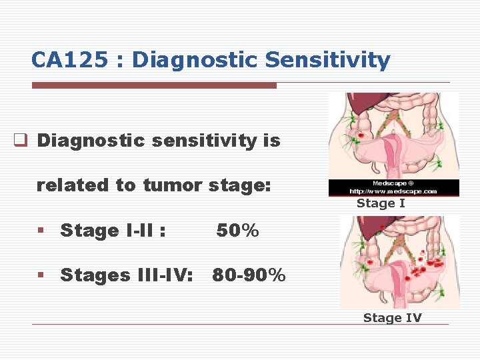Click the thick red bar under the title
[154, 85]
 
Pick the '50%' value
[237, 231]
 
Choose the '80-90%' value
[249, 275]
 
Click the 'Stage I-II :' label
[113, 231]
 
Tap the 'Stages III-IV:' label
[127, 275]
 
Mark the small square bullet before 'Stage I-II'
[41, 231]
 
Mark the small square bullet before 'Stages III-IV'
[41, 275]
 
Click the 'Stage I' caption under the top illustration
[381, 203]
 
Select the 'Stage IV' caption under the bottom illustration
[392, 318]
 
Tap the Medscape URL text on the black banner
[395, 191]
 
